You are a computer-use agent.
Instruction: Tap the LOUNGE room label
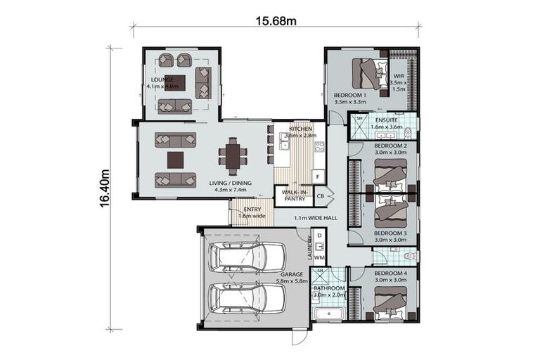click(x=162, y=80)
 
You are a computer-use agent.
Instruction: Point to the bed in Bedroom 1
click(x=369, y=72)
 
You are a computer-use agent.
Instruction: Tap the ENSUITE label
click(x=386, y=120)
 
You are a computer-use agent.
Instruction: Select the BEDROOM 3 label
click(x=390, y=233)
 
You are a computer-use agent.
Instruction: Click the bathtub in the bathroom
click(x=328, y=314)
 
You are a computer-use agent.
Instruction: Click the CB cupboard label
click(x=320, y=195)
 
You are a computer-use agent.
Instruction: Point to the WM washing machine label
click(x=319, y=258)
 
